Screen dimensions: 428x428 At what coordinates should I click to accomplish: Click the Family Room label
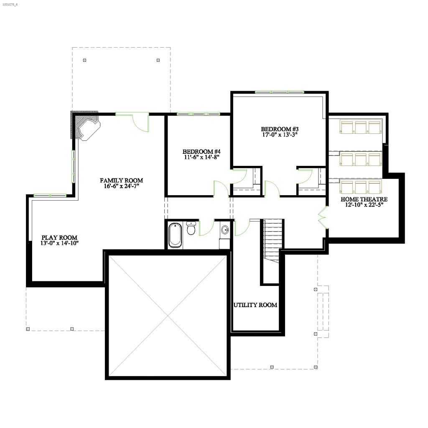(x=121, y=181)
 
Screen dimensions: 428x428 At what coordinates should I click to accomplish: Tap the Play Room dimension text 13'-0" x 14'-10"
(x=59, y=243)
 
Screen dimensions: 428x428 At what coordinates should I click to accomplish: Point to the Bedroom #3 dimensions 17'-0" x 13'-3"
(x=280, y=135)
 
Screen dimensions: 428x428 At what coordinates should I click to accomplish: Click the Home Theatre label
(x=364, y=199)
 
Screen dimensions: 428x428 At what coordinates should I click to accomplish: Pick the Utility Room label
(x=255, y=305)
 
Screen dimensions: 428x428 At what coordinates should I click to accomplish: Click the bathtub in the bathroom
(x=175, y=235)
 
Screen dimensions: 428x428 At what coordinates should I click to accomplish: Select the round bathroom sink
(x=225, y=229)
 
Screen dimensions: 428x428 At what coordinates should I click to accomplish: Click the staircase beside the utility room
(x=273, y=240)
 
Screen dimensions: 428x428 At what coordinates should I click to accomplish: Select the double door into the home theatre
(x=322, y=217)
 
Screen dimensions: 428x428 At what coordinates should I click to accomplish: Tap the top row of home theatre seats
(x=361, y=127)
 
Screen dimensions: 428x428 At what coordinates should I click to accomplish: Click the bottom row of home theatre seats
(x=361, y=186)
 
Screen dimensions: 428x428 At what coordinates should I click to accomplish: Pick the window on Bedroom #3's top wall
(x=279, y=92)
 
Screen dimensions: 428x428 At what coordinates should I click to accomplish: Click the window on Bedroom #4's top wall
(x=198, y=114)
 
